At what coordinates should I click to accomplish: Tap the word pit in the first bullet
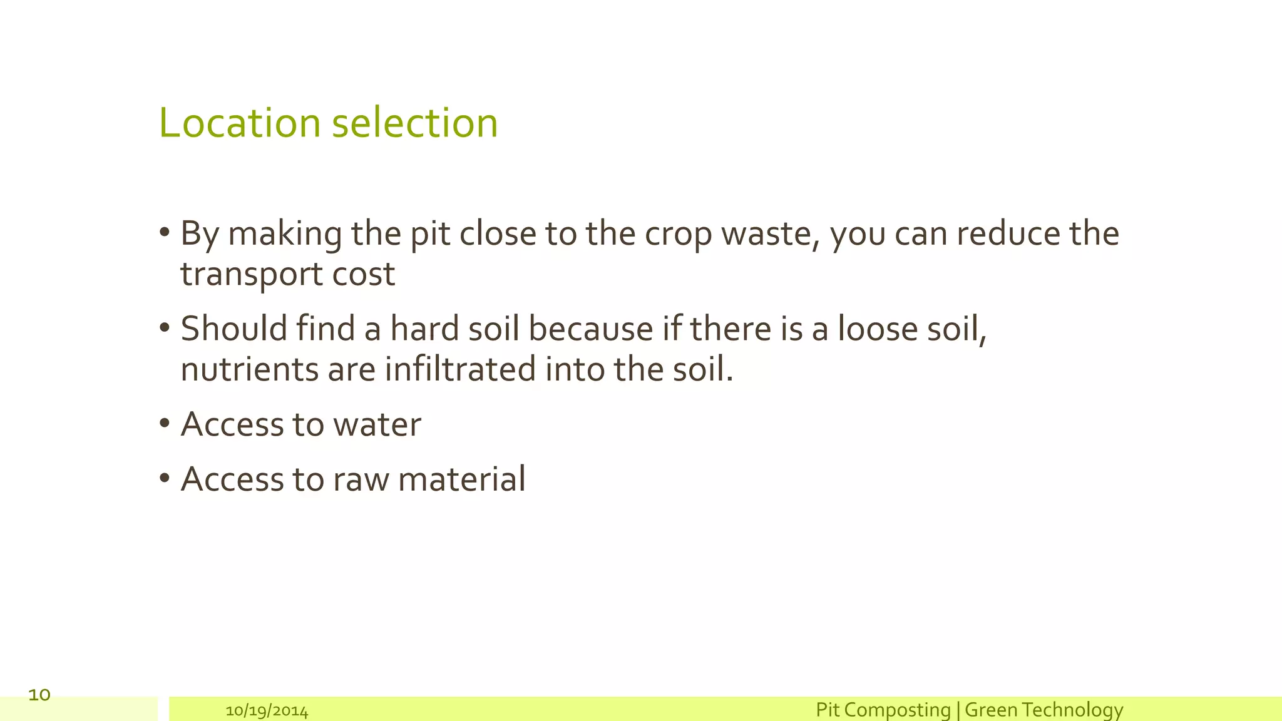(430, 234)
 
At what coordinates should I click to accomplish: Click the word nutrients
(250, 369)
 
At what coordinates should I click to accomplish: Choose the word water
(377, 425)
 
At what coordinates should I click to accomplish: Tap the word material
(461, 480)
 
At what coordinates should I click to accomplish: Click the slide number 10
(39, 695)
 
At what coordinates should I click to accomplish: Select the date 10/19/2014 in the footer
(267, 711)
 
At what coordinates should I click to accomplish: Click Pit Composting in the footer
(883, 710)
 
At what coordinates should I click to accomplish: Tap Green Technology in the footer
(1044, 710)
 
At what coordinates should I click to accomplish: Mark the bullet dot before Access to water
(165, 424)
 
